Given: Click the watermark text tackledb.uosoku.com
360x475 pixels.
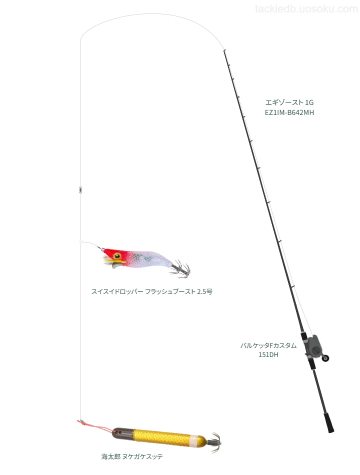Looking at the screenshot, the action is click(306, 9).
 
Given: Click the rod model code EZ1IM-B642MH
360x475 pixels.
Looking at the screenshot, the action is click(289, 112).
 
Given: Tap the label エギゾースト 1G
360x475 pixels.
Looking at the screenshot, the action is click(289, 102).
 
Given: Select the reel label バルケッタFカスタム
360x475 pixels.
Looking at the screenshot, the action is click(268, 345).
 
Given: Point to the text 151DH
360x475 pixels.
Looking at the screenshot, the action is click(268, 354).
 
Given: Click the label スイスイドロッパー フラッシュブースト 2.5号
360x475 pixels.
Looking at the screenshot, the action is click(152, 291).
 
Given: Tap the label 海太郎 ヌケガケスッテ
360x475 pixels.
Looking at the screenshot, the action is click(132, 456).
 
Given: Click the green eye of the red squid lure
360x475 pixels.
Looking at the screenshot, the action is click(117, 256).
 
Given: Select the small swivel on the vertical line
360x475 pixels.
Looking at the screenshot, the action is click(80, 189).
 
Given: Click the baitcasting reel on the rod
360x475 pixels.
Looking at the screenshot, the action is click(313, 347).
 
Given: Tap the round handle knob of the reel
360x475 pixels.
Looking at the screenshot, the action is click(325, 358).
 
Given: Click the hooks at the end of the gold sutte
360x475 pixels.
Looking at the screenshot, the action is click(214, 442).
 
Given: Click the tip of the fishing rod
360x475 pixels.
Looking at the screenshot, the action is click(224, 50).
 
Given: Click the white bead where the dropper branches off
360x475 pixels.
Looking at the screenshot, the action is click(81, 242).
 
